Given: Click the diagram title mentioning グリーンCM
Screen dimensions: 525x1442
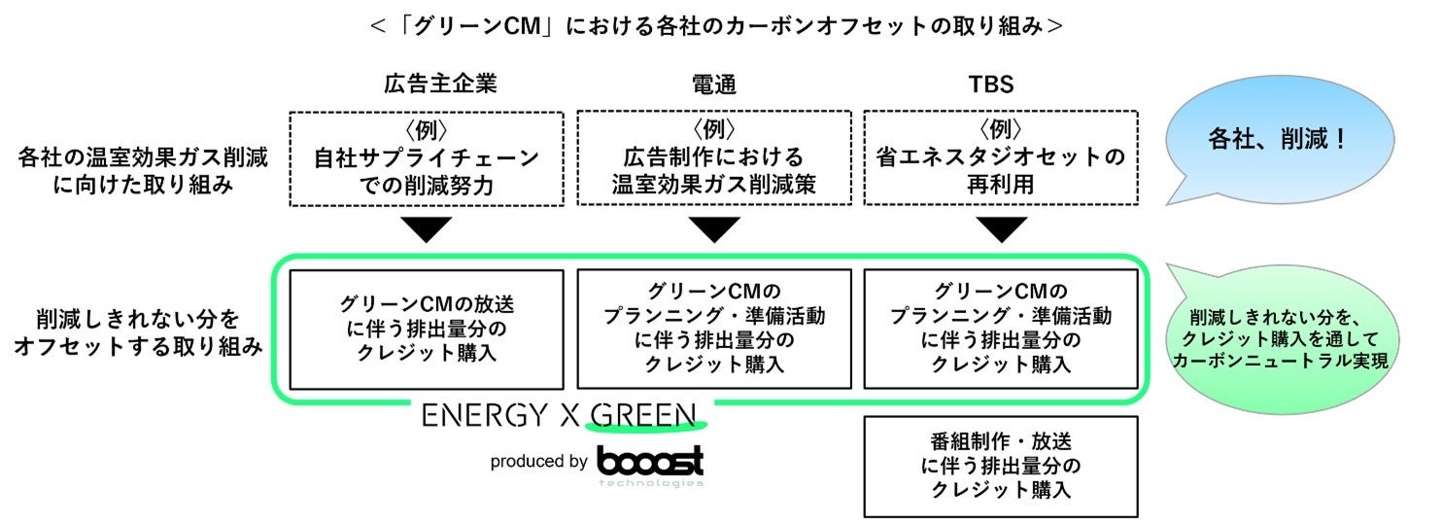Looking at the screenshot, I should tap(717, 26).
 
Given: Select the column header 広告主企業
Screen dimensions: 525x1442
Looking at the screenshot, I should tap(427, 85).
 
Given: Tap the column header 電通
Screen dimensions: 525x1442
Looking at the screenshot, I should tap(714, 85).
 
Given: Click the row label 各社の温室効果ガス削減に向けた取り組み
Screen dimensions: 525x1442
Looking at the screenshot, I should tap(144, 169).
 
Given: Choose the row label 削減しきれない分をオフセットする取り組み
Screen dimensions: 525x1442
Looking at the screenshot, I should tap(138, 332).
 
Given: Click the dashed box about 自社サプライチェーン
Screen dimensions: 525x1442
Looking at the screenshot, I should tap(427, 158).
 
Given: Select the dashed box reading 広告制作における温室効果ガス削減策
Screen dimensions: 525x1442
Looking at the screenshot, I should tap(714, 158).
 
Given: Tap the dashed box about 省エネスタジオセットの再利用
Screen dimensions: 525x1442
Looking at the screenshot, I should tap(1000, 158).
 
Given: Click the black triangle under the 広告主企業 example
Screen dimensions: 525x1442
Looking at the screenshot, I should tap(427, 229).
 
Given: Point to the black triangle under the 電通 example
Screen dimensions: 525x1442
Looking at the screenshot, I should tap(714, 229).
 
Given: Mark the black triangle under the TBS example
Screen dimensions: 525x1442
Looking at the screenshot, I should tap(1000, 229).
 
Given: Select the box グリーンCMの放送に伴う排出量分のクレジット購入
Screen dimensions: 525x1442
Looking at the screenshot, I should tap(427, 330).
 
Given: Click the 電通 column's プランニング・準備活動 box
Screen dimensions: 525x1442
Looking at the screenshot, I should tap(714, 330).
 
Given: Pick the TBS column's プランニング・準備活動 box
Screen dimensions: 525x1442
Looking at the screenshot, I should tap(1000, 330).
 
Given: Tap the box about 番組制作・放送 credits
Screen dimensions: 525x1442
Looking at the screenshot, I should tap(1000, 466).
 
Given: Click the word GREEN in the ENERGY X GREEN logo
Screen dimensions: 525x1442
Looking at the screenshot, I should tap(644, 416).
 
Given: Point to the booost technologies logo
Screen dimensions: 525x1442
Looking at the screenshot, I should tap(650, 464).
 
